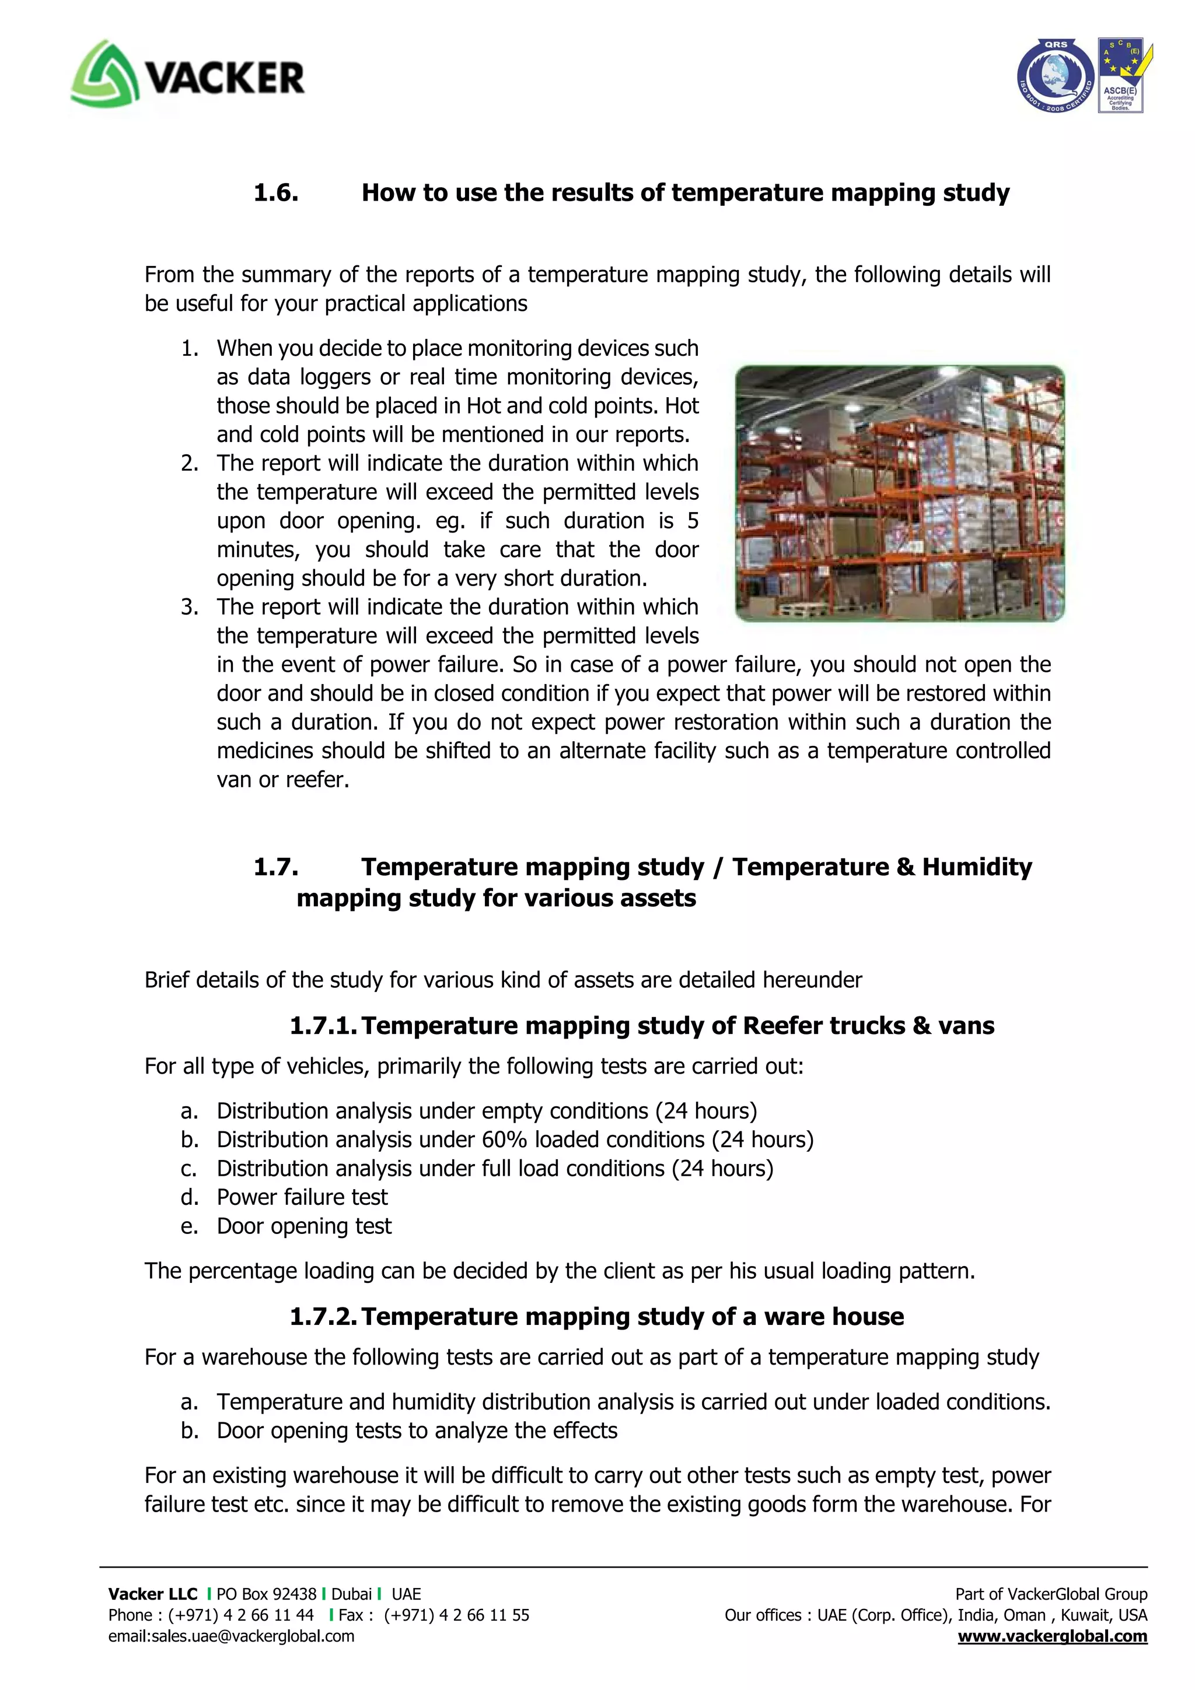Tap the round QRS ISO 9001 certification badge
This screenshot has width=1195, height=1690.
point(1055,76)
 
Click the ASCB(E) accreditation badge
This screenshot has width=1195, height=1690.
point(1121,75)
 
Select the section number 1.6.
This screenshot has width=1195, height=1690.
point(276,193)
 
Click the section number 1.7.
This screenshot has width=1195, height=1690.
point(276,867)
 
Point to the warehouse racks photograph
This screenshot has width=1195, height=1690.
point(900,493)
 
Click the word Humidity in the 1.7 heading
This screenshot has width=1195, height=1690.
point(976,867)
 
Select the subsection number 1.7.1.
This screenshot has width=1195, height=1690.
point(323,1025)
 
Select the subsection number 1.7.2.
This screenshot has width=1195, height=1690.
point(323,1316)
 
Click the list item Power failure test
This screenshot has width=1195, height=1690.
point(302,1197)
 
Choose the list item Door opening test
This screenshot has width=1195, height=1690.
point(304,1226)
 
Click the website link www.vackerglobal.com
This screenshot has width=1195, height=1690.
point(1052,1636)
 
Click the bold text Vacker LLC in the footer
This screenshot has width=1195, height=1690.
point(152,1594)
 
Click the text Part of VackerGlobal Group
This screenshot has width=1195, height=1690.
point(1051,1594)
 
